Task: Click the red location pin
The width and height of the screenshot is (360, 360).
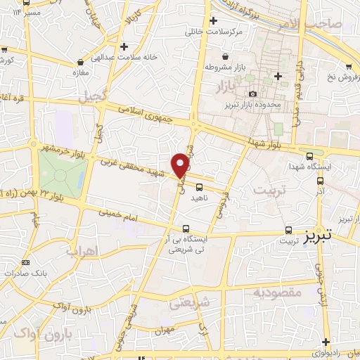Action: pos(181,165)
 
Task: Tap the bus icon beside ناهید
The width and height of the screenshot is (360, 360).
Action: pos(199,187)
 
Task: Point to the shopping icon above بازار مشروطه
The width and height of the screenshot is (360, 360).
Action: pos(224,56)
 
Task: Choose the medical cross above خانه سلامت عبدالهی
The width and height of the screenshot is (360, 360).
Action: pos(124,46)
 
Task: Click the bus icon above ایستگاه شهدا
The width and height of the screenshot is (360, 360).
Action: pos(310,155)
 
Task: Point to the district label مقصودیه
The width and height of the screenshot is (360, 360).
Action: pos(277,291)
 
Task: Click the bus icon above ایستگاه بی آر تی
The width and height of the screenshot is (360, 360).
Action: pos(186,229)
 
